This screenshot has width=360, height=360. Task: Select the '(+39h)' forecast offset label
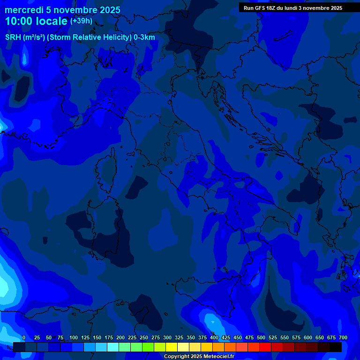click(x=81, y=21)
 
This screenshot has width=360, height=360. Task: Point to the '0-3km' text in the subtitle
click(x=144, y=37)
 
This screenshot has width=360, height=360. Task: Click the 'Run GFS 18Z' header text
click(x=260, y=8)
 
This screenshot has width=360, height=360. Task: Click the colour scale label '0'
click(x=24, y=337)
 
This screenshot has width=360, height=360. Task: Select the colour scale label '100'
click(x=74, y=337)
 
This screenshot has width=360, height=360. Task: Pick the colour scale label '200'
click(x=120, y=337)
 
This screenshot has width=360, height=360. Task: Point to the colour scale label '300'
click(x=167, y=337)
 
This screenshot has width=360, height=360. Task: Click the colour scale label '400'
click(x=214, y=337)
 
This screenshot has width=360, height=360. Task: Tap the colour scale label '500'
click(x=261, y=337)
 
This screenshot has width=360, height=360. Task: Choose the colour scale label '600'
click(x=308, y=337)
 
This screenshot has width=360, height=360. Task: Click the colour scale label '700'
click(x=343, y=337)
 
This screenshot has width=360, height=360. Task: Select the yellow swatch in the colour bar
click(x=172, y=347)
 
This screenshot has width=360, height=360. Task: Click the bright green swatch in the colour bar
click(x=148, y=347)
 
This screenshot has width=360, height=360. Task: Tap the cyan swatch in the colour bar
click(x=113, y=347)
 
